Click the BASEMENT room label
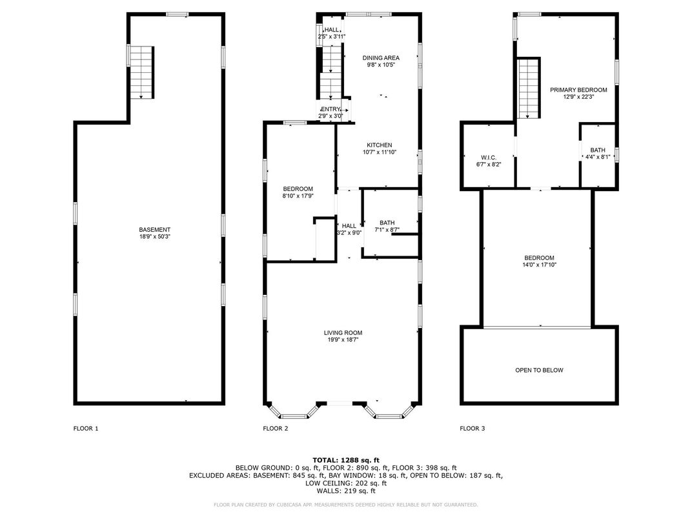154,230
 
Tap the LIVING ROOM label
343,332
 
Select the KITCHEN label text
380,145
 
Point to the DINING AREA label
381,58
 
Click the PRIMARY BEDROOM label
578,90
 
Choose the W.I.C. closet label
489,158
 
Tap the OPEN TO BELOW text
539,371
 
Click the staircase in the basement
141,72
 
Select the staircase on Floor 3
529,88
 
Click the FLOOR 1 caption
86,428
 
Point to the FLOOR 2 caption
276,428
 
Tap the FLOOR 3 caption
473,428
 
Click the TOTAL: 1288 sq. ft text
346,460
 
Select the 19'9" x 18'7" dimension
343,340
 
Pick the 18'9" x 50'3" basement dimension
154,236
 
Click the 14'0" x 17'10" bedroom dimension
539,265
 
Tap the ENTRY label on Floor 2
330,109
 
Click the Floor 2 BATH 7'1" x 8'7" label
387,227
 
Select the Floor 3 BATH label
598,150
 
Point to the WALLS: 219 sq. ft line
346,491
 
